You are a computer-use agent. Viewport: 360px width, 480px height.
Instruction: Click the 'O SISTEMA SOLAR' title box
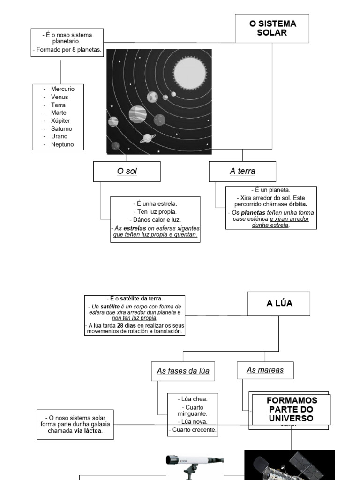coord(272,29)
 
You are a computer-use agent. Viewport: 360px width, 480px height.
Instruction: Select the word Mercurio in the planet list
coord(62,89)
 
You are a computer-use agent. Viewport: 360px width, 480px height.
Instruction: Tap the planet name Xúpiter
coord(61,120)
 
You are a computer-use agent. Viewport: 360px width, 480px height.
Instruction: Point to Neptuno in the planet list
coord(62,144)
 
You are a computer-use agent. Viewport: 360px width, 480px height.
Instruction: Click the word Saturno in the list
coord(61,128)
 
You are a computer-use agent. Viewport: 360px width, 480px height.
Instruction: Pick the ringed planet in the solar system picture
coord(147,138)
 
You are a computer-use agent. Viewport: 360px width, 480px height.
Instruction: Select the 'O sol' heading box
coord(127,172)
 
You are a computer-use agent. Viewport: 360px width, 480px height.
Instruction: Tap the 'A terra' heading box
coord(242,172)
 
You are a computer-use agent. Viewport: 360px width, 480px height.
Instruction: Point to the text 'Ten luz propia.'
coord(155,212)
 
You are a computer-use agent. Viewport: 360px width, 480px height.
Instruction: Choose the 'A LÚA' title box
coord(279,303)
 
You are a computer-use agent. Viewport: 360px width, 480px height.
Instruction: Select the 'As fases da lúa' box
coord(183,371)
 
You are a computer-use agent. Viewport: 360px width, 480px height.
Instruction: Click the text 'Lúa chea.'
coord(193,399)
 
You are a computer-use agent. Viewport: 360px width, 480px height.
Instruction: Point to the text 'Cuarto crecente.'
coord(193,429)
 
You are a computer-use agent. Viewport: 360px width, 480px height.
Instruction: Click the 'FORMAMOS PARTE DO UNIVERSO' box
coord(291,409)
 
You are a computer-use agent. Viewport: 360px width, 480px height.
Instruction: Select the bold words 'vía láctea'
coord(88,431)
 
